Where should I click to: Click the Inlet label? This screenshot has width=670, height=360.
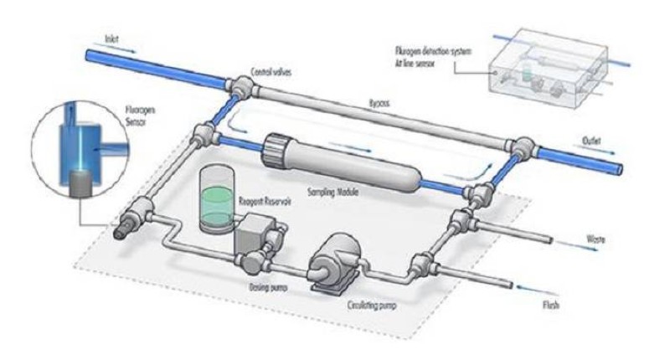tap(111, 39)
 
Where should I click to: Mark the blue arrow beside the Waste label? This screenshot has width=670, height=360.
tap(602, 249)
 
